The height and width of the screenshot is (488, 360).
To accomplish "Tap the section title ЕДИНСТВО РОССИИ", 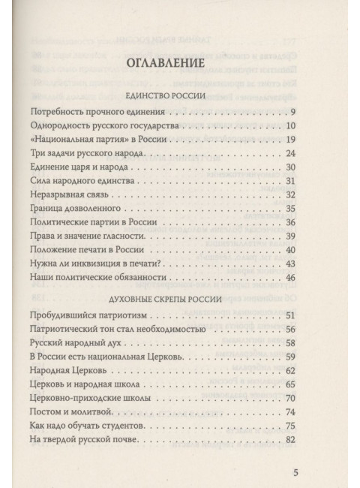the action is [x=179, y=97].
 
